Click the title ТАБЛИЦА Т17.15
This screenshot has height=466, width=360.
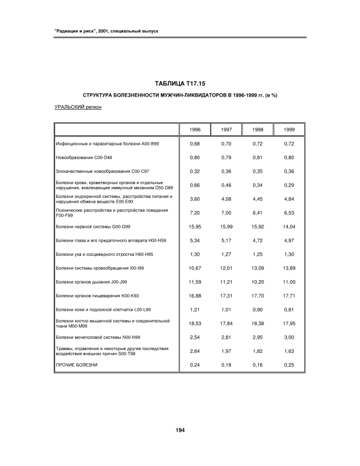point(179,84)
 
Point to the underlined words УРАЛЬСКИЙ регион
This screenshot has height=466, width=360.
point(78,106)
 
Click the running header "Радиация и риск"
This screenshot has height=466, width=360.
point(101,30)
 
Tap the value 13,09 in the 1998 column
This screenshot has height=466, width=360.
point(258,268)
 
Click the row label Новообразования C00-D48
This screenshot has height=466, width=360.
point(84,157)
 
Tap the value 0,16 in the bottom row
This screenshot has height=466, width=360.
point(258,364)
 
